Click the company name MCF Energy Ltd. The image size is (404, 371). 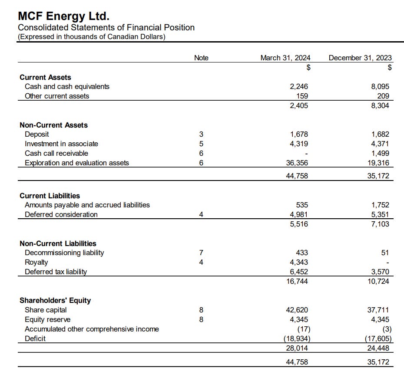tap(63, 16)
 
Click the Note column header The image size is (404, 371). tap(201, 58)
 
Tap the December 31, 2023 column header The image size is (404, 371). tap(360, 58)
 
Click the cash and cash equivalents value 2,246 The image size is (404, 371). tap(299, 86)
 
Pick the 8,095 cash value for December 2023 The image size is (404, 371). tap(381, 86)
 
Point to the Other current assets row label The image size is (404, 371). tap(57, 96)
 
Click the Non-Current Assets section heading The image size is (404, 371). tap(53, 125)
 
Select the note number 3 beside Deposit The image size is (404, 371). tap(201, 134)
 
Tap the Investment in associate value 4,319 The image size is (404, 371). tap(299, 144)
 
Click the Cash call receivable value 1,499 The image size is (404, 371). tap(381, 153)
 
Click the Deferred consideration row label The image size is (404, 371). tap(61, 214)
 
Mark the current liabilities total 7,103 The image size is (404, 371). tap(381, 224)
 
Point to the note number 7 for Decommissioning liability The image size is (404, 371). tap(201, 253)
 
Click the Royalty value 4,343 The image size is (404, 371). tap(299, 262)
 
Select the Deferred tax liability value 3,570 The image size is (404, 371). tap(381, 272)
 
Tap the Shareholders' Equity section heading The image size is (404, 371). tap(55, 300)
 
